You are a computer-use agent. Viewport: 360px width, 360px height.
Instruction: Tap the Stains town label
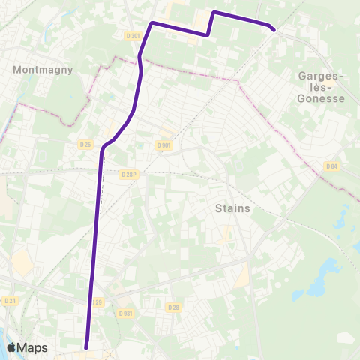[232, 208]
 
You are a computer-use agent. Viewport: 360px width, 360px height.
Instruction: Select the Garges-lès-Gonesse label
[321, 87]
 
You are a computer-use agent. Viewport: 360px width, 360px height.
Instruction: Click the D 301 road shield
[133, 35]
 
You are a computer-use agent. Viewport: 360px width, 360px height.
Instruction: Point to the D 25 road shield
[85, 144]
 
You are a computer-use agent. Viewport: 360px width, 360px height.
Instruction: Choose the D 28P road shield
[129, 174]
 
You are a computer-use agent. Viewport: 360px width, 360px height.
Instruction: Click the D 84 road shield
[331, 166]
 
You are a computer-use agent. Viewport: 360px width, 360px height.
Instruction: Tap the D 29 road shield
[97, 301]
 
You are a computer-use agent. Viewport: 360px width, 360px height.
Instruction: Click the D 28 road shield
[173, 307]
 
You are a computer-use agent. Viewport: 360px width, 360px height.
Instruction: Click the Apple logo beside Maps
[11, 347]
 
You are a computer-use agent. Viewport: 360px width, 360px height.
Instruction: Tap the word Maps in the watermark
[33, 347]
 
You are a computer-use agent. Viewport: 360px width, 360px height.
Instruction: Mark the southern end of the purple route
[86, 347]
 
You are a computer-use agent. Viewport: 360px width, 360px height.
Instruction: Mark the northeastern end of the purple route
[274, 29]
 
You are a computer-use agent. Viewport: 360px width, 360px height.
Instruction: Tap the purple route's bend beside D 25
[102, 149]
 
